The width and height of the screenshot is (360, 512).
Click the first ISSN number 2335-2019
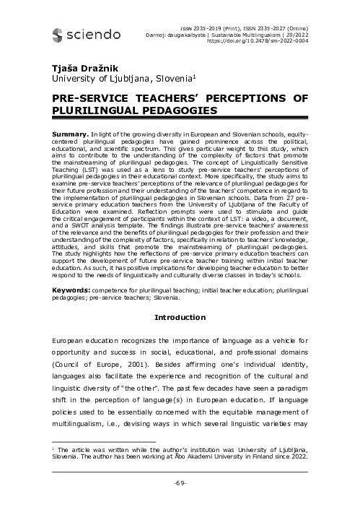(197, 27)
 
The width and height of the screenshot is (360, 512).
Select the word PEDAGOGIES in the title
(176, 110)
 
